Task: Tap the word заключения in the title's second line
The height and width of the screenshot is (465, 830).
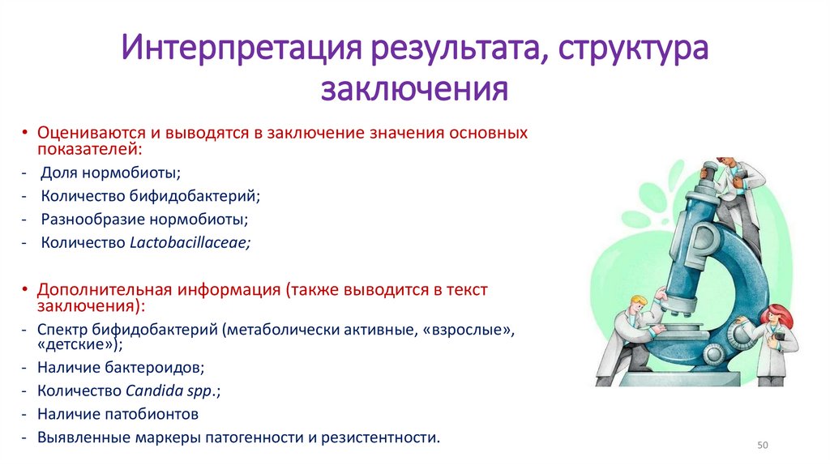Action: point(414,88)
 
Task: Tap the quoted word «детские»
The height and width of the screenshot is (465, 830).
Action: point(79,344)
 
